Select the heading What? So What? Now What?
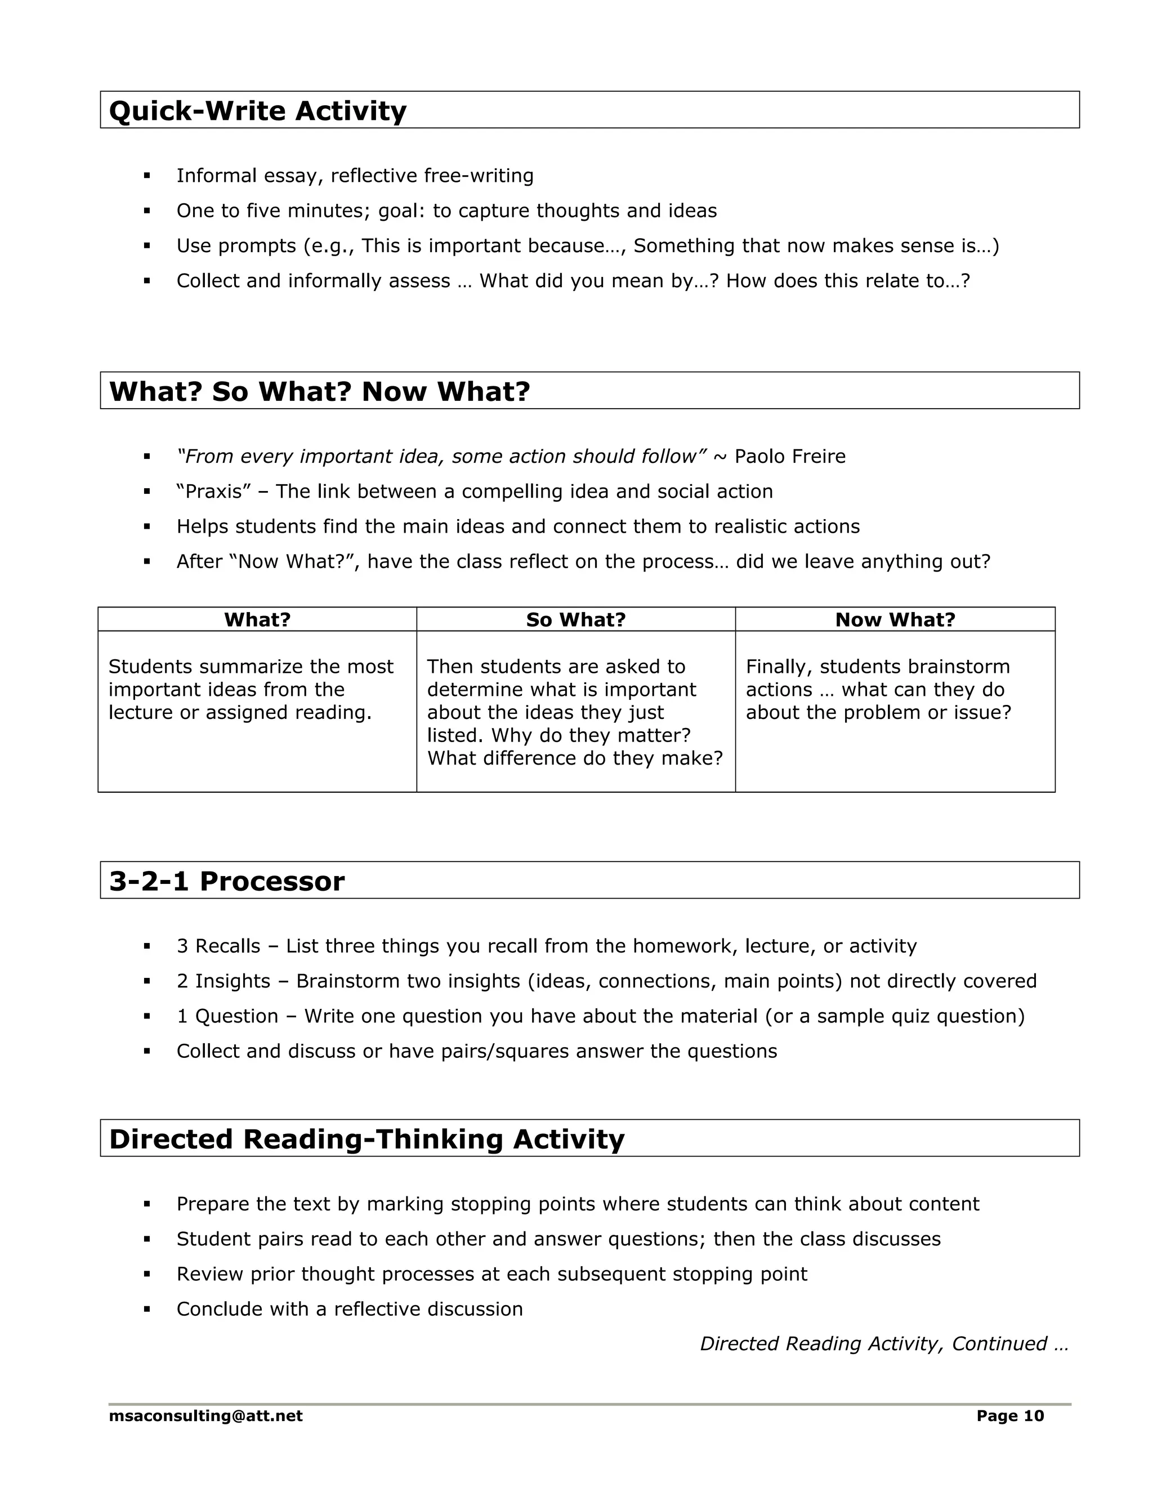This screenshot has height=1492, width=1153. click(319, 391)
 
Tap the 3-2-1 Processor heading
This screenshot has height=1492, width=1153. click(227, 881)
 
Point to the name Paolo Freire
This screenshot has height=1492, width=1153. click(790, 457)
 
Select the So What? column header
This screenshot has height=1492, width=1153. click(575, 620)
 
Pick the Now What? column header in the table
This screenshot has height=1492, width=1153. click(895, 620)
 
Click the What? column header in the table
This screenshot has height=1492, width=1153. click(257, 620)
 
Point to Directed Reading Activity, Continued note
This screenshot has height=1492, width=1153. click(883, 1344)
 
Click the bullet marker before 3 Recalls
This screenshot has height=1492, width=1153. click(147, 946)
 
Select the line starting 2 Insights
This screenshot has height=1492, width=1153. click(606, 981)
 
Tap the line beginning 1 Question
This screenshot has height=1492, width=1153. click(600, 1016)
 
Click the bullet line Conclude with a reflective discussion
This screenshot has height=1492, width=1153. click(349, 1309)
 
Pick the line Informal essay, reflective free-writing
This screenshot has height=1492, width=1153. click(355, 176)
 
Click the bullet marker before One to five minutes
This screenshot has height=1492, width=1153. click(147, 211)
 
